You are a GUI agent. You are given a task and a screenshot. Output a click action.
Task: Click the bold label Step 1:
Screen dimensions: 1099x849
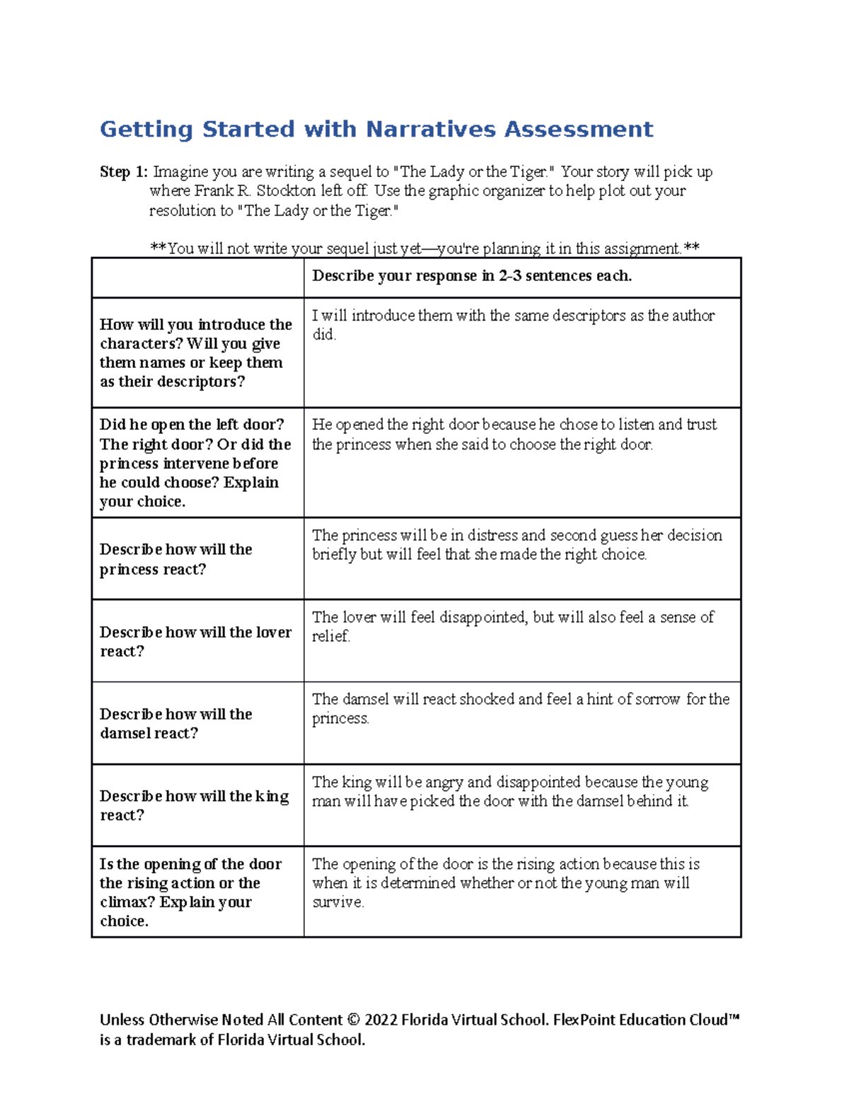pyautogui.click(x=124, y=172)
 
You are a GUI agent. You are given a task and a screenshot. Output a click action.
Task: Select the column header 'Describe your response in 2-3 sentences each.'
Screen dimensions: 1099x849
pyautogui.click(x=472, y=276)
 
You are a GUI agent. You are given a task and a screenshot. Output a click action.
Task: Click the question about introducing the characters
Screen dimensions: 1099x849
pyautogui.click(x=196, y=353)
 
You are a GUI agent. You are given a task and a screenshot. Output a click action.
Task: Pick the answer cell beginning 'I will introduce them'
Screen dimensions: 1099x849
pyautogui.click(x=513, y=325)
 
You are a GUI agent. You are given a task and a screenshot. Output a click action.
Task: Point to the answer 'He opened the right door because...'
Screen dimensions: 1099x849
pyautogui.click(x=514, y=434)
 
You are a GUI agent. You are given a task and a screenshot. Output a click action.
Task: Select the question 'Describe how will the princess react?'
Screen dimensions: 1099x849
pyautogui.click(x=176, y=559)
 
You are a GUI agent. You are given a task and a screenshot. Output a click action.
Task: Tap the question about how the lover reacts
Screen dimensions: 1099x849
pyautogui.click(x=196, y=641)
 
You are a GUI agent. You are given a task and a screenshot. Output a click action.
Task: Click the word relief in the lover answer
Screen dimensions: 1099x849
pyautogui.click(x=330, y=636)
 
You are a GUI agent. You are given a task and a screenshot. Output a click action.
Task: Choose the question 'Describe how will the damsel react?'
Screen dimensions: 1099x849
pyautogui.click(x=176, y=723)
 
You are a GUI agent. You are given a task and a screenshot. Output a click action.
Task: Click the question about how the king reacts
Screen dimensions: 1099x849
pyautogui.click(x=195, y=805)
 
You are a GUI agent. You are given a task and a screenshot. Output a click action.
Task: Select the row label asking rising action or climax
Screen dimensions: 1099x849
pyautogui.click(x=190, y=892)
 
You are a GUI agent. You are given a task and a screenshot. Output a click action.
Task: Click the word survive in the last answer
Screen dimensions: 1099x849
pyautogui.click(x=337, y=902)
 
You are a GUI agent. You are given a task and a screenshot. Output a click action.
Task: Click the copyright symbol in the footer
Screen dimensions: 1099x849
pyautogui.click(x=354, y=1020)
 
